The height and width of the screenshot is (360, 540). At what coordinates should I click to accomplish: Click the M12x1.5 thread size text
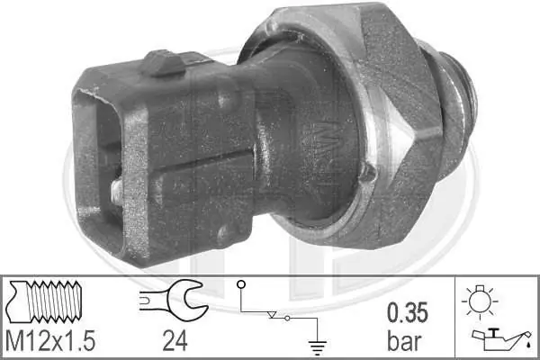(50, 341)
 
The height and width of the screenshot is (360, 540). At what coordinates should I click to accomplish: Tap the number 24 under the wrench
(175, 341)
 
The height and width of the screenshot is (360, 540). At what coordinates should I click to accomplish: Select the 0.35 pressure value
(408, 312)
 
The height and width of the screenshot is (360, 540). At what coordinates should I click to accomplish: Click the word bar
(404, 341)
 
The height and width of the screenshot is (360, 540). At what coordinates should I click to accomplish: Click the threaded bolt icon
(45, 301)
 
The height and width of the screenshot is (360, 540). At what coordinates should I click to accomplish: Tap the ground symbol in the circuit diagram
(317, 347)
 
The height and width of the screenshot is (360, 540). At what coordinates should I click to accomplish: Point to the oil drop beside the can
(528, 344)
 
